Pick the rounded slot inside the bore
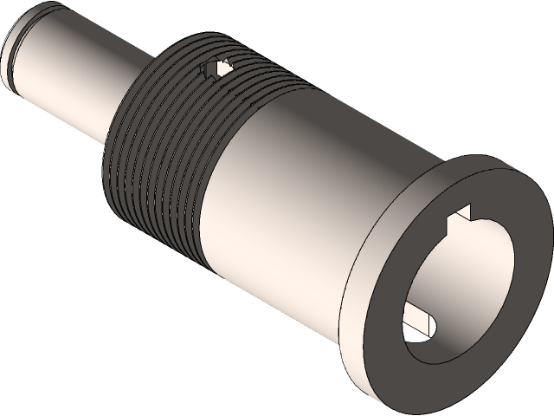[415, 315]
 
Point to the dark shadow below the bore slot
[433, 342]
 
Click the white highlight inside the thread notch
[222, 66]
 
